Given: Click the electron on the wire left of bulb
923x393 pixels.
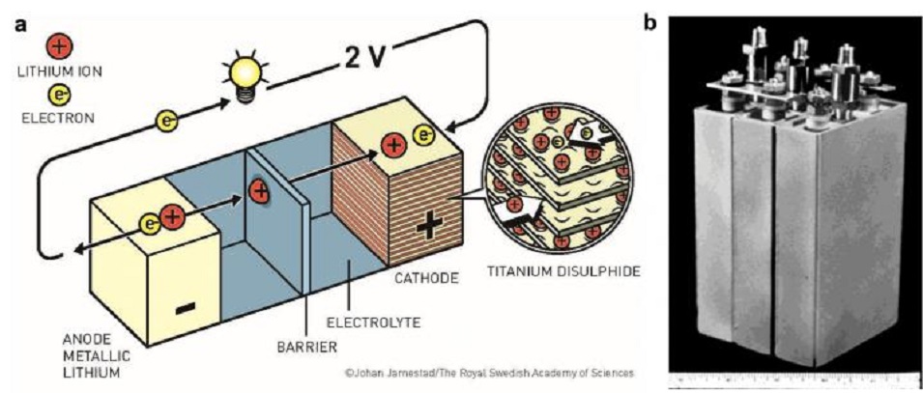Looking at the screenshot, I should [x=166, y=122].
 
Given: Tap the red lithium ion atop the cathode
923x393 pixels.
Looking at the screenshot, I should [x=393, y=147].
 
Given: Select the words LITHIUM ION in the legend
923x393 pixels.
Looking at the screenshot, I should [x=58, y=70].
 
